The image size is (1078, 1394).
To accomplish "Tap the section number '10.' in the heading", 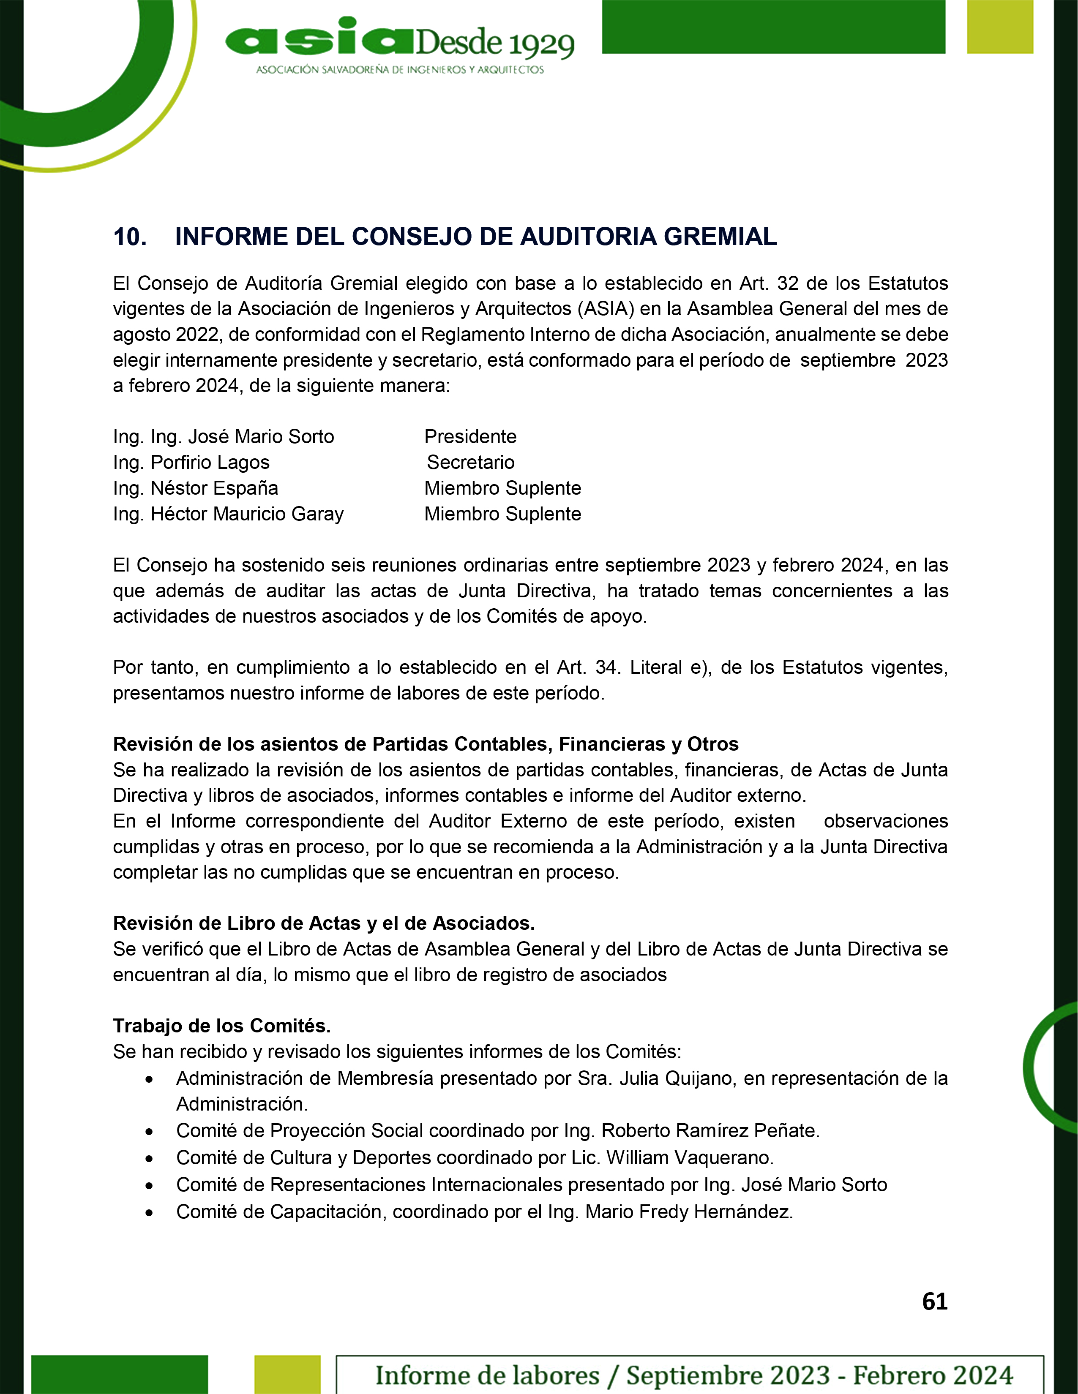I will (x=130, y=237).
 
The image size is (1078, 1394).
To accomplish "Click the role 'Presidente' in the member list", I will (x=470, y=437).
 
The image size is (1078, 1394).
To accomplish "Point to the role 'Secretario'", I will (x=471, y=462).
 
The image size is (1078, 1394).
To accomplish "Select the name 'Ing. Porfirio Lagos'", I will (x=191, y=462).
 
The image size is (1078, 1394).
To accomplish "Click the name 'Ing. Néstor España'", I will (x=195, y=488).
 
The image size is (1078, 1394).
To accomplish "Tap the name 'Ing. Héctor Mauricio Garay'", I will (x=228, y=514).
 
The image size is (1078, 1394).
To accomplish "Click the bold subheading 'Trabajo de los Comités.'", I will (x=221, y=1026).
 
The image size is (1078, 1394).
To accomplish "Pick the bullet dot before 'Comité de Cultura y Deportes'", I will (x=149, y=1158).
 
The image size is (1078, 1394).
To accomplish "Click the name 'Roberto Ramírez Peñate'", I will (x=710, y=1130).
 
